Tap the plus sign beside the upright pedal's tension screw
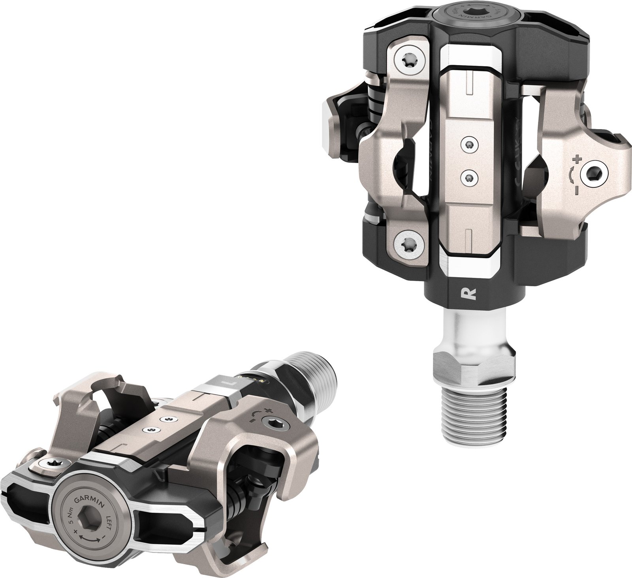pyautogui.click(x=577, y=160)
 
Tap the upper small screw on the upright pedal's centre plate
pyautogui.click(x=468, y=145)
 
